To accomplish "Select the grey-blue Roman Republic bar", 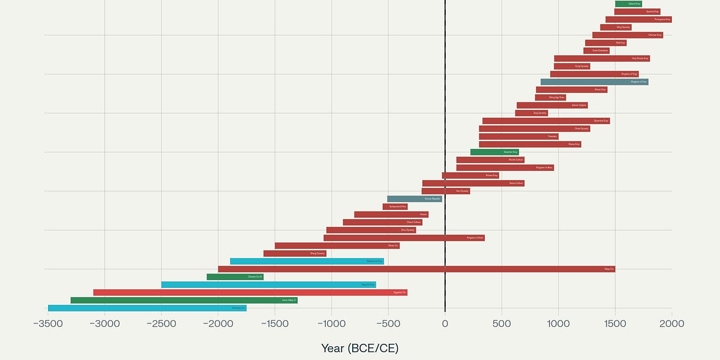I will coord(415,199).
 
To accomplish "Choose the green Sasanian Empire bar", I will coord(494,152).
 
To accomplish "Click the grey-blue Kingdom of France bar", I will coord(594,82).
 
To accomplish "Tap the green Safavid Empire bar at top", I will coord(628,4).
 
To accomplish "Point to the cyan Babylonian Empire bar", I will coord(307,261).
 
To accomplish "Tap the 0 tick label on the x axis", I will coord(445,324).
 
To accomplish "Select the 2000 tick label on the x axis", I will coord(671,324).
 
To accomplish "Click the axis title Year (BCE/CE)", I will coord(359,348).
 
